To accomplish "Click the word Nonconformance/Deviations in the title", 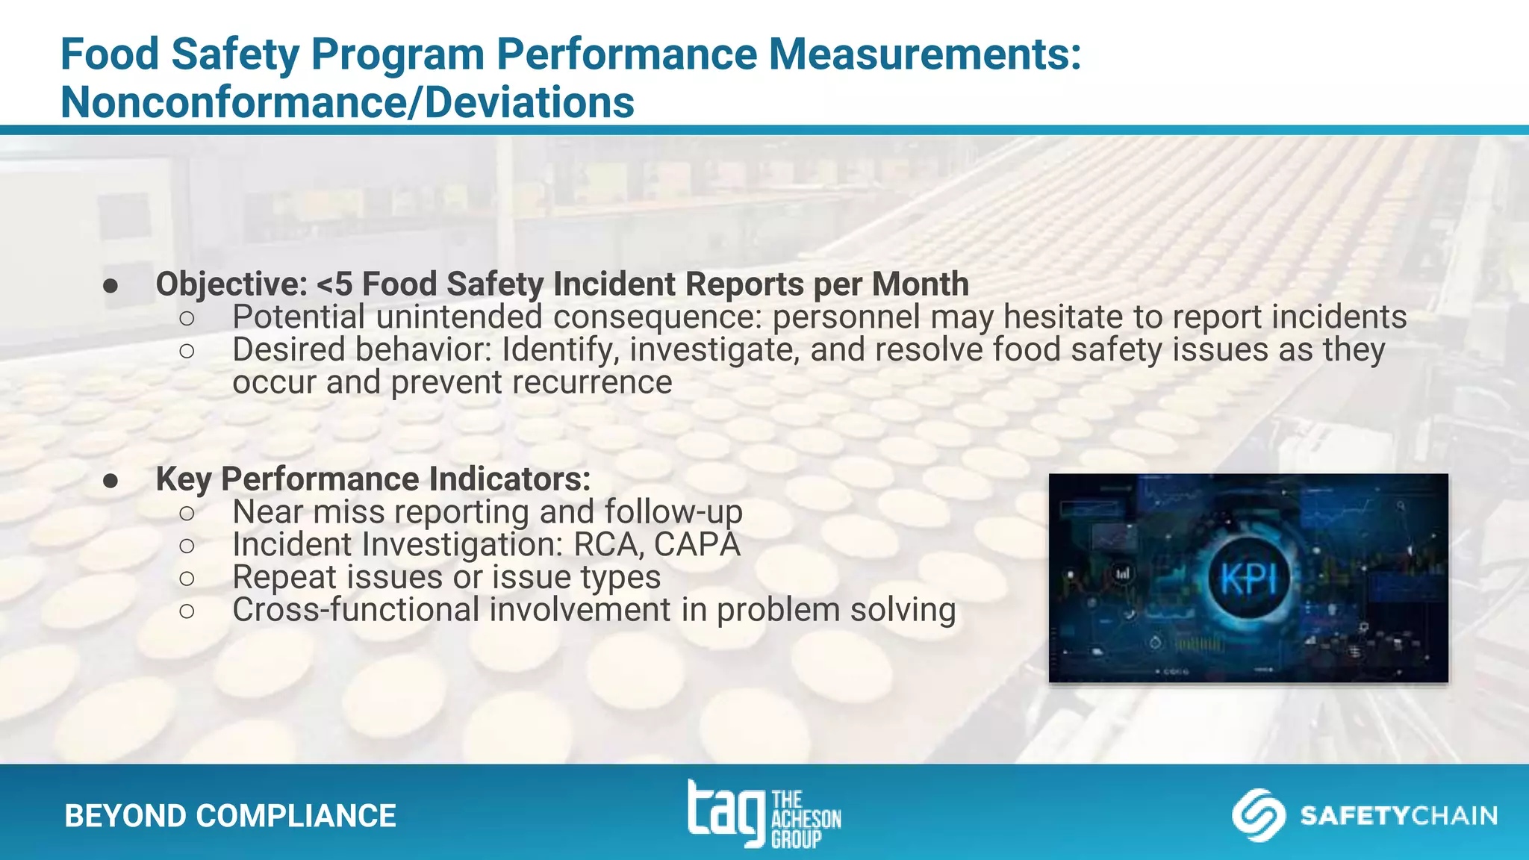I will tap(347, 102).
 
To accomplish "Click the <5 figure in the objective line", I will tap(334, 284).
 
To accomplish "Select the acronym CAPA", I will tap(697, 544).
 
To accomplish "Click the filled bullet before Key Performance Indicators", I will tap(111, 481).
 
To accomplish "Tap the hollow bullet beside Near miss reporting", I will tap(187, 513).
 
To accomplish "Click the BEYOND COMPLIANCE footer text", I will tap(230, 816).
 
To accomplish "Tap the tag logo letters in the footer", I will tap(726, 812).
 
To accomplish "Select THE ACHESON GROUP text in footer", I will tap(806, 820).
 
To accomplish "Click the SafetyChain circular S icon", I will tap(1258, 815).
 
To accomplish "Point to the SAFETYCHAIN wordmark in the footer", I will tap(1398, 815).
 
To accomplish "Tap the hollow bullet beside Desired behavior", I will tap(187, 350).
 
